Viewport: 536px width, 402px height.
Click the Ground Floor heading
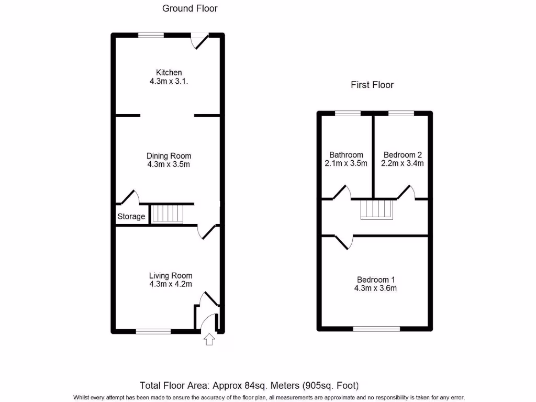pos(189,8)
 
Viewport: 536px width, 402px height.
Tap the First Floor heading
pos(372,85)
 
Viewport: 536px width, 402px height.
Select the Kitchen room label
pos(169,72)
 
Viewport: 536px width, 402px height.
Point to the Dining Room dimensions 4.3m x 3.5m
pos(169,164)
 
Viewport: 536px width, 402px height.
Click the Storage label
pos(131,216)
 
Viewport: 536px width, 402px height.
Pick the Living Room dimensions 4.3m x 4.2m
pos(170,284)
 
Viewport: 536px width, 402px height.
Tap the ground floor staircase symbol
pos(168,214)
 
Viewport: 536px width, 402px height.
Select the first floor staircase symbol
pos(376,209)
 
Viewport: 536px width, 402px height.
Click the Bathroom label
pos(346,154)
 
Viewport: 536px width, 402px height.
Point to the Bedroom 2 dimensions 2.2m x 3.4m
pos(403,163)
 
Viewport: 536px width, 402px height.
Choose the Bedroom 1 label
pos(375,280)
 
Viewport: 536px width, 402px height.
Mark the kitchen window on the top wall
pos(151,36)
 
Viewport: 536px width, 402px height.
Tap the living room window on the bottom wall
pos(153,331)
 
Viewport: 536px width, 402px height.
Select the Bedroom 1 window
pos(377,329)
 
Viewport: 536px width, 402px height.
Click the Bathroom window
pos(348,113)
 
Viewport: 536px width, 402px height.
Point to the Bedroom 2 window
pos(401,113)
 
